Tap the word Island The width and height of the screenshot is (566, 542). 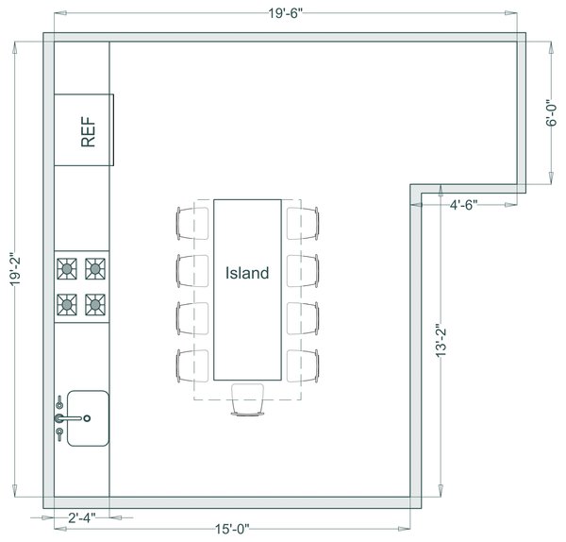[x=247, y=274]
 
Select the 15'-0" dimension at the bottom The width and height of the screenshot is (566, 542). [x=231, y=530]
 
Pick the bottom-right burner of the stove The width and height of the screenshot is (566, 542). [x=95, y=304]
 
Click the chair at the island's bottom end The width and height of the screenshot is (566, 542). [x=247, y=398]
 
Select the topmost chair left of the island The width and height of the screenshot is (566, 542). [x=191, y=223]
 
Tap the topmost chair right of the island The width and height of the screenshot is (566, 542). [x=304, y=223]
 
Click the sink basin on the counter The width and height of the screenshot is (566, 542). [x=89, y=417]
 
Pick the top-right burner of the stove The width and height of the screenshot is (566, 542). [x=95, y=270]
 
